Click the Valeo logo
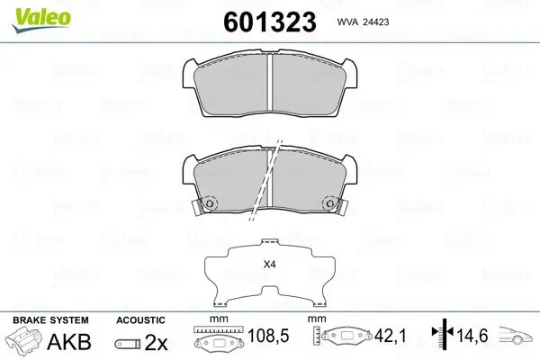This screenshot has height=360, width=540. (x=41, y=20)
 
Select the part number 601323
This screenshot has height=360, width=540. (x=270, y=22)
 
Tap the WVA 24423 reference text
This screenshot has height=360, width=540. (x=363, y=22)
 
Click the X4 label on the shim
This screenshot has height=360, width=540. (x=269, y=265)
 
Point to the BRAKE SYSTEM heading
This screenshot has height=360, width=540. (x=50, y=320)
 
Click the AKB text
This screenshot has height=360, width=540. (x=69, y=342)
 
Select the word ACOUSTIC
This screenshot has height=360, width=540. (x=140, y=320)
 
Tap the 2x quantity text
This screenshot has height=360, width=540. (x=156, y=342)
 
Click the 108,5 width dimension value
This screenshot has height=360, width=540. (x=268, y=336)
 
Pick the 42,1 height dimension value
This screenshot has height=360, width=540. (x=391, y=336)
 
